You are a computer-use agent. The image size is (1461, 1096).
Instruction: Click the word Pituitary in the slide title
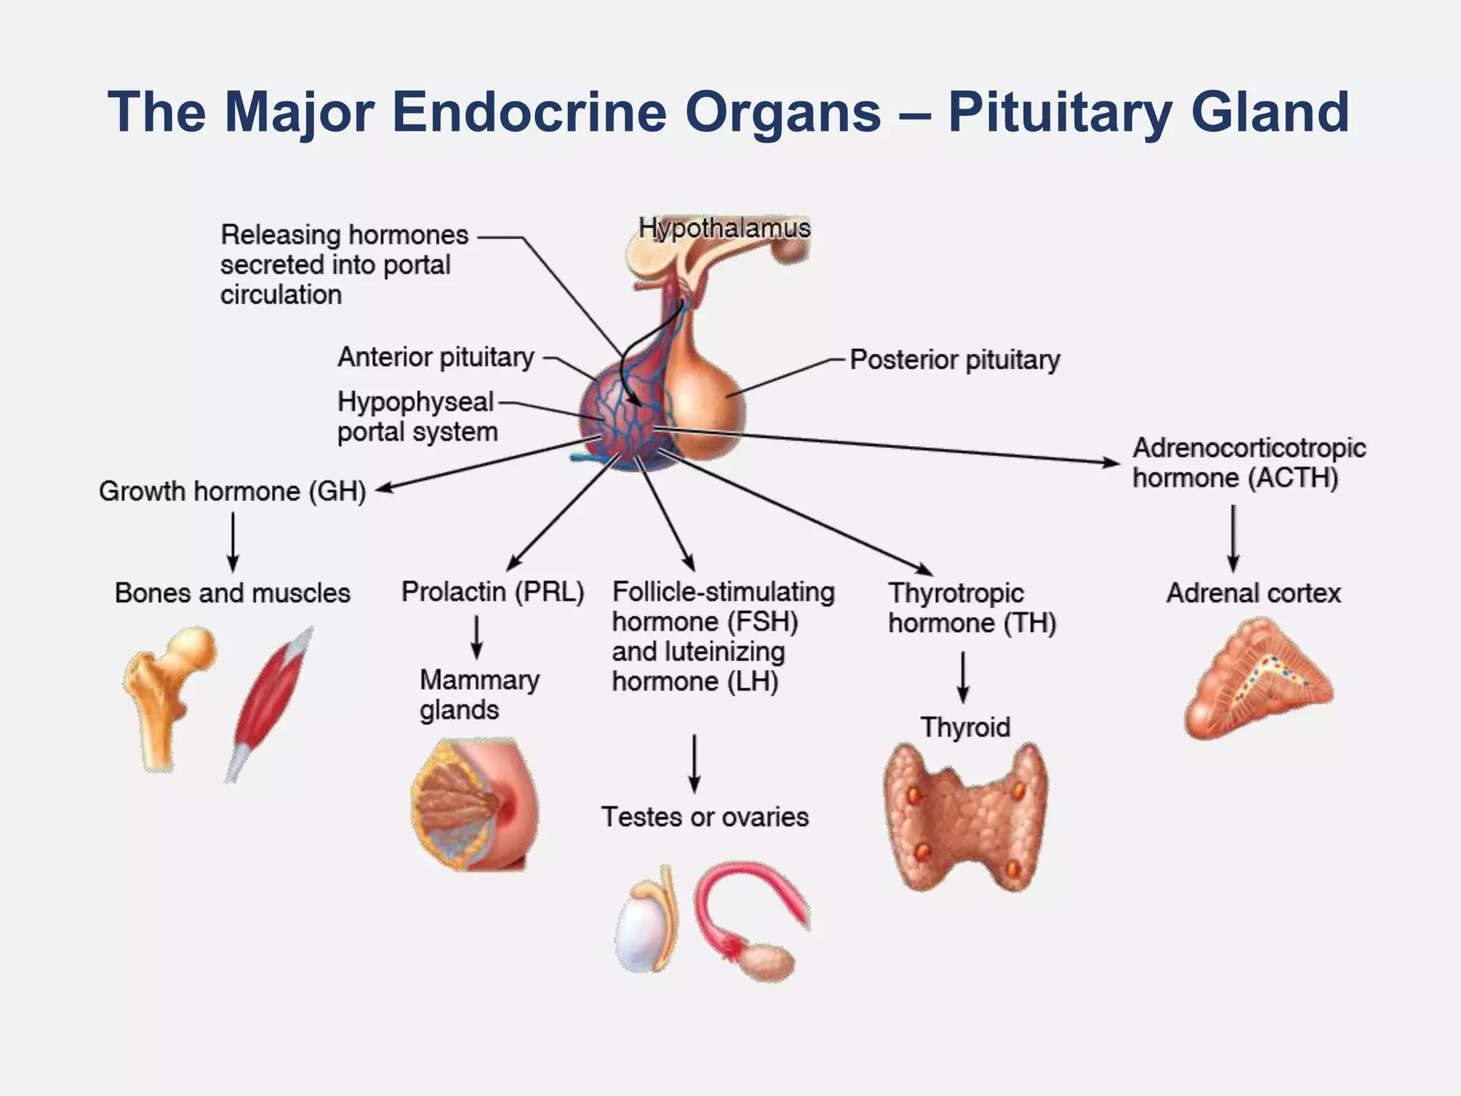tap(1060, 113)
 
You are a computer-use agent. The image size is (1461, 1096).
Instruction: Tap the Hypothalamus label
tap(724, 228)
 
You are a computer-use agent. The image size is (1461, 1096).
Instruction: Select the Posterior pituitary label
tap(955, 360)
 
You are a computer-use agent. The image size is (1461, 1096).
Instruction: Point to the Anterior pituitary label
tap(436, 357)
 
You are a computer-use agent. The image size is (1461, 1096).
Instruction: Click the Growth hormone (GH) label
tap(232, 491)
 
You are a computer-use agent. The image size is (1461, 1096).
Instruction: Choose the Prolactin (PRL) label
tap(492, 592)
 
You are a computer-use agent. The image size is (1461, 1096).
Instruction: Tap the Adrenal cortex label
tap(1253, 593)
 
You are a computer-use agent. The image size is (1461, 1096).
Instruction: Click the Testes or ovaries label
tap(705, 817)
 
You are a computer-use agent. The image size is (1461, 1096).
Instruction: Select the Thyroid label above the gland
tap(965, 727)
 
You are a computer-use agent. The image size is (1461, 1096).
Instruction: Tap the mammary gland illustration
tap(474, 804)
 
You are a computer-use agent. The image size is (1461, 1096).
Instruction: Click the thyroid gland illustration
tap(965, 817)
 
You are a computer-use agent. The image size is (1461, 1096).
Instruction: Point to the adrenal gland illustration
tap(1257, 678)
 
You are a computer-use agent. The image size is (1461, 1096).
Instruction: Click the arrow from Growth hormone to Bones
tap(233, 542)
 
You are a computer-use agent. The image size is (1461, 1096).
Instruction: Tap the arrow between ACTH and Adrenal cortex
tap(1233, 538)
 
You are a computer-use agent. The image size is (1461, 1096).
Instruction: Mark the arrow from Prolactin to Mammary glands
tap(477, 637)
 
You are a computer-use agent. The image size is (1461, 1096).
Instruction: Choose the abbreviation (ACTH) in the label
tap(1293, 478)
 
